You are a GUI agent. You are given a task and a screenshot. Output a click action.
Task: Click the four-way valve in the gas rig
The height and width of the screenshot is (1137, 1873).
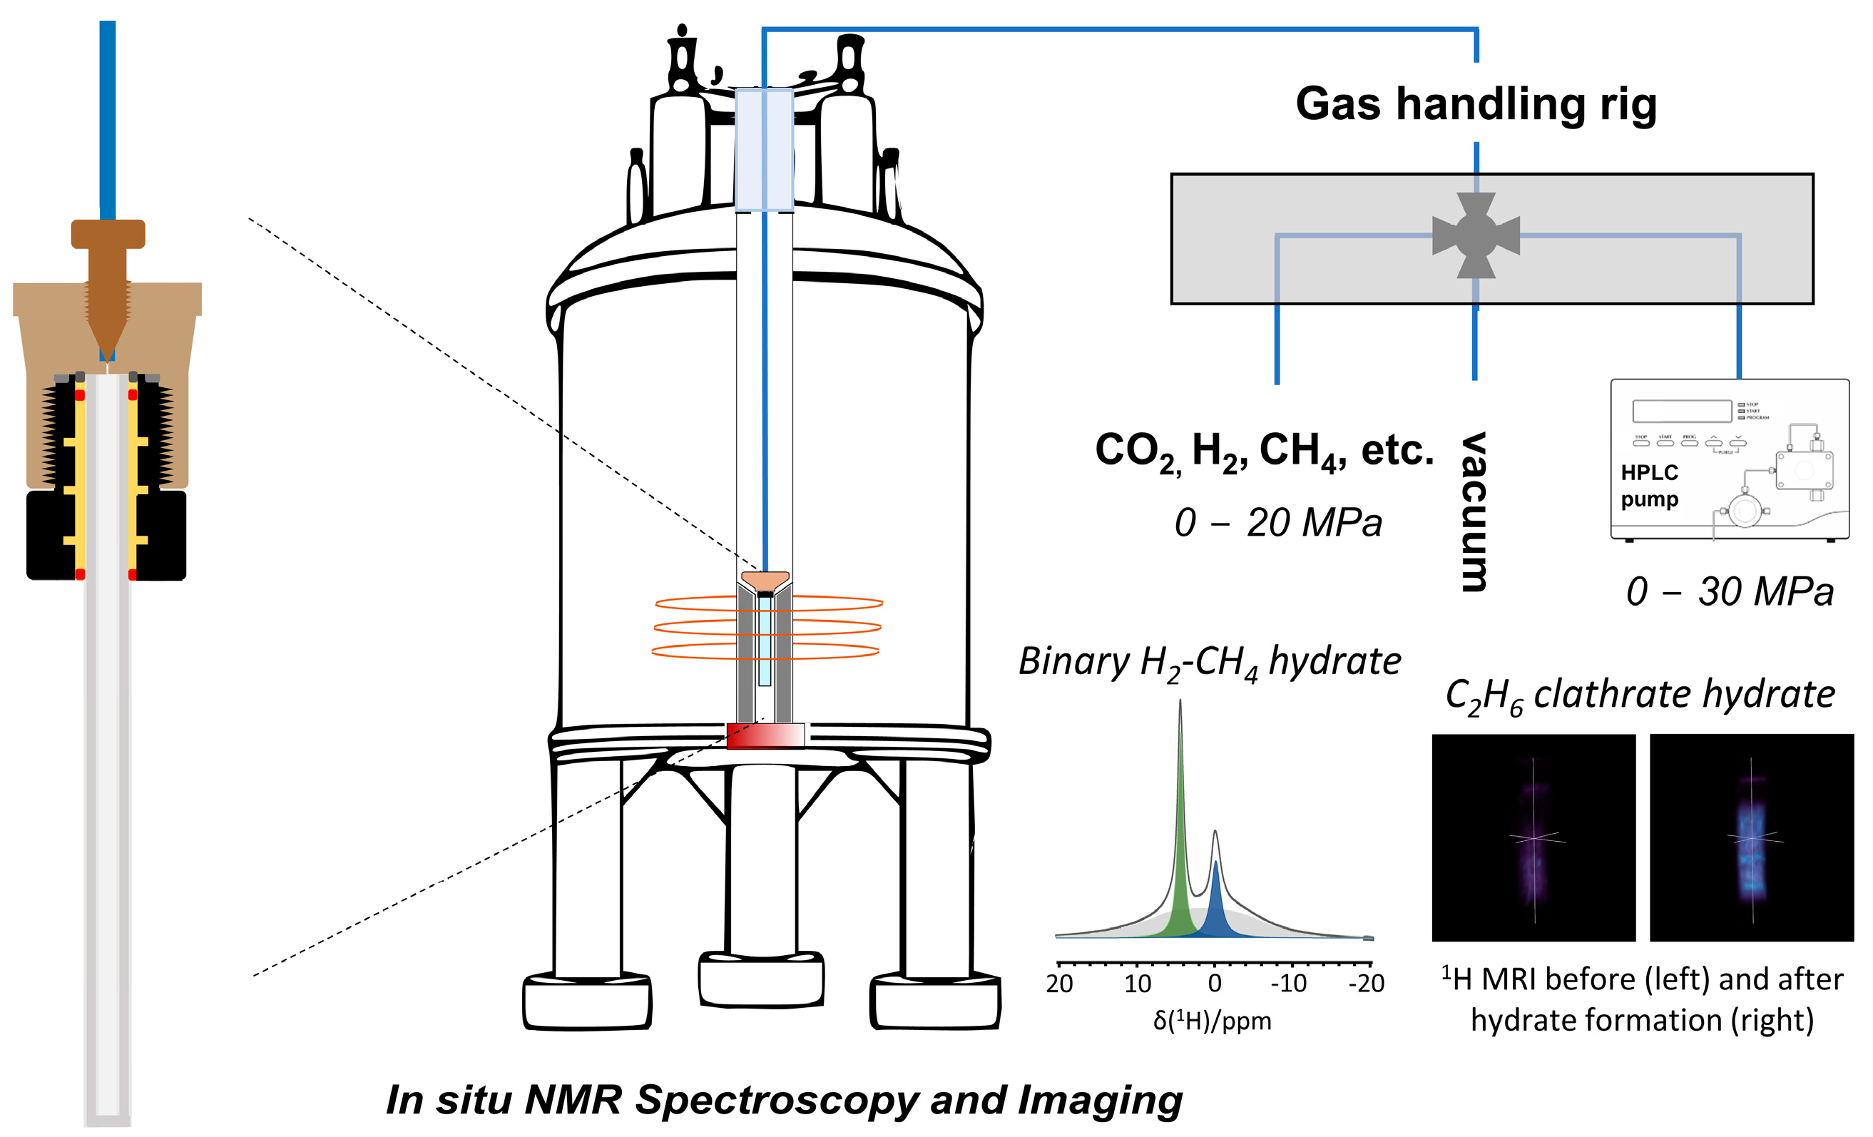pos(1476,235)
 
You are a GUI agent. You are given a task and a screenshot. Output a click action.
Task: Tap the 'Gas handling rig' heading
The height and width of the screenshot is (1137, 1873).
pos(1476,103)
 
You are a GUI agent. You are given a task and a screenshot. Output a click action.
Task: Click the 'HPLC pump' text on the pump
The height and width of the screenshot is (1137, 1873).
pos(1649,486)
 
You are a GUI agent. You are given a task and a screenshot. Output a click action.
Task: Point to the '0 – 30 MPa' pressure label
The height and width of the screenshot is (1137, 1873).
pos(1730,591)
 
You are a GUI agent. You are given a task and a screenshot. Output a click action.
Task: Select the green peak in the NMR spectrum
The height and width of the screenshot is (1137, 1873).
pos(1180,874)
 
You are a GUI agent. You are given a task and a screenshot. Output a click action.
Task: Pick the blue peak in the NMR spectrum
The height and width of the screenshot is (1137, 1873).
pos(1216,908)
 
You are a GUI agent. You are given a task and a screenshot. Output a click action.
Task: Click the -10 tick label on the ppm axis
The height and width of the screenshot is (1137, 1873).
pos(1288,984)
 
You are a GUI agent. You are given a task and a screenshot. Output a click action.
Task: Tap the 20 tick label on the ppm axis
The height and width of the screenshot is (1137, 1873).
pos(1059,984)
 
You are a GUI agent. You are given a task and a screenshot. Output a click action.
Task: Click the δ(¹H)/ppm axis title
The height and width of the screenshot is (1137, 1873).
pos(1212,1021)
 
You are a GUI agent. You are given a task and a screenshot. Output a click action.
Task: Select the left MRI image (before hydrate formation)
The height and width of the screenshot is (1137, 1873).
pos(1533,837)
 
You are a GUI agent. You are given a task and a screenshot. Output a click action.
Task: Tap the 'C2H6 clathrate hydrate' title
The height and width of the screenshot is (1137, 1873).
pos(1640,695)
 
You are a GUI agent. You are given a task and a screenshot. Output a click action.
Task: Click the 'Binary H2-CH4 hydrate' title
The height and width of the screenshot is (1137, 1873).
pos(1210,662)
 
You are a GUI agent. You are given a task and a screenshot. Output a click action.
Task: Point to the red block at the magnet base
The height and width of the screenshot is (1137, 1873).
pos(765,735)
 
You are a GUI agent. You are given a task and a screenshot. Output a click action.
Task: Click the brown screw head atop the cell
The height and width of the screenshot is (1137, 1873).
pos(108,234)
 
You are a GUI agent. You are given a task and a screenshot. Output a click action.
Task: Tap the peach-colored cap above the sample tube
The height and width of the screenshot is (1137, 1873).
pos(765,581)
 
